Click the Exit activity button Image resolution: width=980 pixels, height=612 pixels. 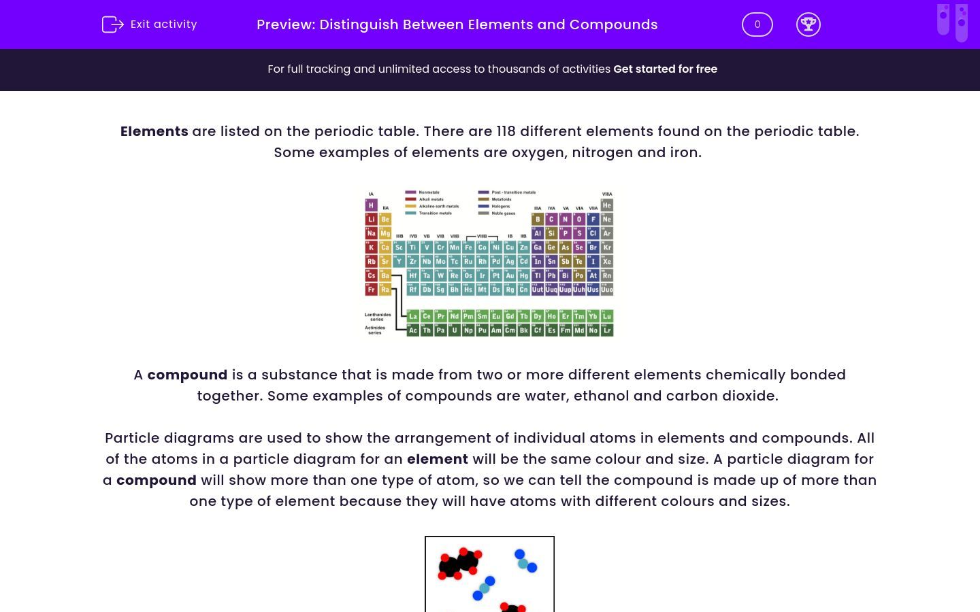[x=150, y=24]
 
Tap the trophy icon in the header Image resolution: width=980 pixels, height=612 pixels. [x=808, y=24]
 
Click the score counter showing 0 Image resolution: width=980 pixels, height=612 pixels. [x=757, y=24]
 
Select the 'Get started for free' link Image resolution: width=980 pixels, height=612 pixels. [x=665, y=69]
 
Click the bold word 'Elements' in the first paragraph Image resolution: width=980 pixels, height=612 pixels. [x=154, y=131]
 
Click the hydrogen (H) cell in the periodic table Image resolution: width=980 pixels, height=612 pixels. [x=371, y=205]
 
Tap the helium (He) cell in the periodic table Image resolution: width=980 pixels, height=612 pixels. [x=606, y=205]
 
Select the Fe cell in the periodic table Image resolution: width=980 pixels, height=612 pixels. [x=468, y=248]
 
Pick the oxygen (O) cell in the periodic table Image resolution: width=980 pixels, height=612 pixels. [x=579, y=219]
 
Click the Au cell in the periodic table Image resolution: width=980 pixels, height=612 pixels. [x=510, y=275]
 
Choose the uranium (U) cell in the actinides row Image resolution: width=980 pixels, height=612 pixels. [x=454, y=330]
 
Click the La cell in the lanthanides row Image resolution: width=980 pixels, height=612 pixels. [x=412, y=316]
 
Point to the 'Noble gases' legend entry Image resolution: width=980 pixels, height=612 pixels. [x=503, y=213]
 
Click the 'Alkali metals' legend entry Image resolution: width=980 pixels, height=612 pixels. [x=430, y=199]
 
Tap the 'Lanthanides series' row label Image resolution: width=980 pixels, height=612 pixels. [x=377, y=317]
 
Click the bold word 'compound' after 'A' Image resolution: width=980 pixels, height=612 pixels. [x=187, y=375]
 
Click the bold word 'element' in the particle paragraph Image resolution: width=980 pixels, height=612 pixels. [x=437, y=459]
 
